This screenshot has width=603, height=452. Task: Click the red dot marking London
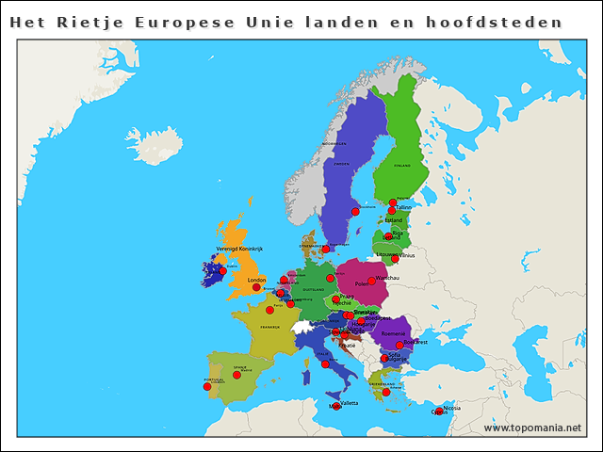tap(256, 287)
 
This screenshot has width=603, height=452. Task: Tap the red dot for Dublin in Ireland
tap(222, 271)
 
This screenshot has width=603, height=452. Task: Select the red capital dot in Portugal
tap(207, 386)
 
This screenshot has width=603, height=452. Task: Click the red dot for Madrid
tap(237, 375)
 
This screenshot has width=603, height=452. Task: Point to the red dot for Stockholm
tap(355, 212)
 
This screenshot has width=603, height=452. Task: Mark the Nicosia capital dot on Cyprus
tap(439, 411)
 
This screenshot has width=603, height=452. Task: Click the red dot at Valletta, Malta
tap(336, 406)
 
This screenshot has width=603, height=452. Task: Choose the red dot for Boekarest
tap(399, 345)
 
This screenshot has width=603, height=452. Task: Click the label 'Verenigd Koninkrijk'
tap(239, 249)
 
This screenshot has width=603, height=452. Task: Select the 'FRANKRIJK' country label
tap(270, 327)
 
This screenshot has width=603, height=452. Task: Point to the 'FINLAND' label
tap(402, 165)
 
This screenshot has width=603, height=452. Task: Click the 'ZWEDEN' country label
tap(341, 164)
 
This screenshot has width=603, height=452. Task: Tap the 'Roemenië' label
tap(394, 333)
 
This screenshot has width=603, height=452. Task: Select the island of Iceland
tap(155, 146)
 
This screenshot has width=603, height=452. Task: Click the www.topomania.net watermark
tap(532, 428)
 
